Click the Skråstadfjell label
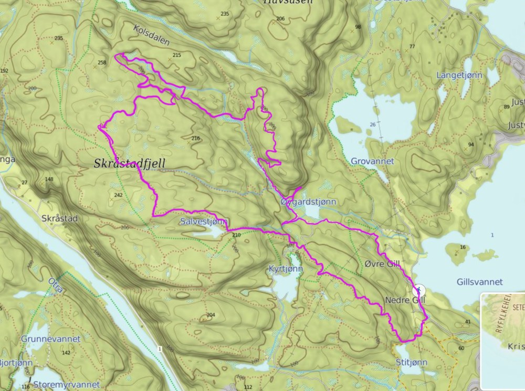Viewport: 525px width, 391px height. coord(129,164)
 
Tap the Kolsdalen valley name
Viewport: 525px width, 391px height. coord(151,36)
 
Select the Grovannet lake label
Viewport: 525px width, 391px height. coord(372,161)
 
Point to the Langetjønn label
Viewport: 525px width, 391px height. coord(459,76)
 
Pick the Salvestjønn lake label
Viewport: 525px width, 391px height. coord(202,222)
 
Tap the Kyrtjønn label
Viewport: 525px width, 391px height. coord(285,268)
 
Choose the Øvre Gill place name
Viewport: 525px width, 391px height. coord(382,263)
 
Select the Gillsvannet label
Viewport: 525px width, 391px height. coord(479,282)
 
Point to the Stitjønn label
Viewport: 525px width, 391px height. coord(412,362)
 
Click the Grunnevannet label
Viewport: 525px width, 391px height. coord(51,339)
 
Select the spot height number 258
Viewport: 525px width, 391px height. coord(101,62)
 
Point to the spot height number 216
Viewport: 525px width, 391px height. coord(195,139)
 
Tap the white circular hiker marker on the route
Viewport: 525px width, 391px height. coord(419,290)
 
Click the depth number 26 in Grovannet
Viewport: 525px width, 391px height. coord(372,124)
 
